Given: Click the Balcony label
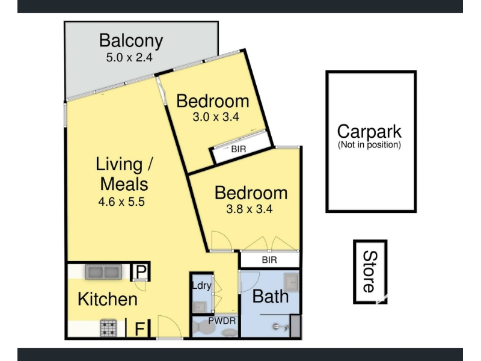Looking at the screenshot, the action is [131, 41].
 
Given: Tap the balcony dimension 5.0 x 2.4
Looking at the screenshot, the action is [129, 57].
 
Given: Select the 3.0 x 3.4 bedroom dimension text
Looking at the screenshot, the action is [216, 117].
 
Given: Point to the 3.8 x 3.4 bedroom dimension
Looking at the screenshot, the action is [250, 209].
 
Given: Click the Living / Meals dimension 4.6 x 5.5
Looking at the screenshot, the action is [121, 202].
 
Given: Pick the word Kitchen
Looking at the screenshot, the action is [108, 299].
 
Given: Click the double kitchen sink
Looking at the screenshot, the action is [103, 272].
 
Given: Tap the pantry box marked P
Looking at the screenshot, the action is [140, 271].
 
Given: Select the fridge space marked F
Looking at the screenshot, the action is [139, 329].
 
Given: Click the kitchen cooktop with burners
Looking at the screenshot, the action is [108, 328].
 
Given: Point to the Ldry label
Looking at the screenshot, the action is [201, 285].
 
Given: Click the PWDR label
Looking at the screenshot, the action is [222, 321].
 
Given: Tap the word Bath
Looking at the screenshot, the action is [271, 297].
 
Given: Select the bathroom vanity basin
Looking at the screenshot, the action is [291, 282].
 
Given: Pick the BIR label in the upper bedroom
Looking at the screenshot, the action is [238, 149].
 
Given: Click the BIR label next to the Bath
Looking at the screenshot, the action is [269, 260].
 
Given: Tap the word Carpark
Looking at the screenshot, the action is [369, 132].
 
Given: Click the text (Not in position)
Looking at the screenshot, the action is [369, 144].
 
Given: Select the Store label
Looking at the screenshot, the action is [370, 272].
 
